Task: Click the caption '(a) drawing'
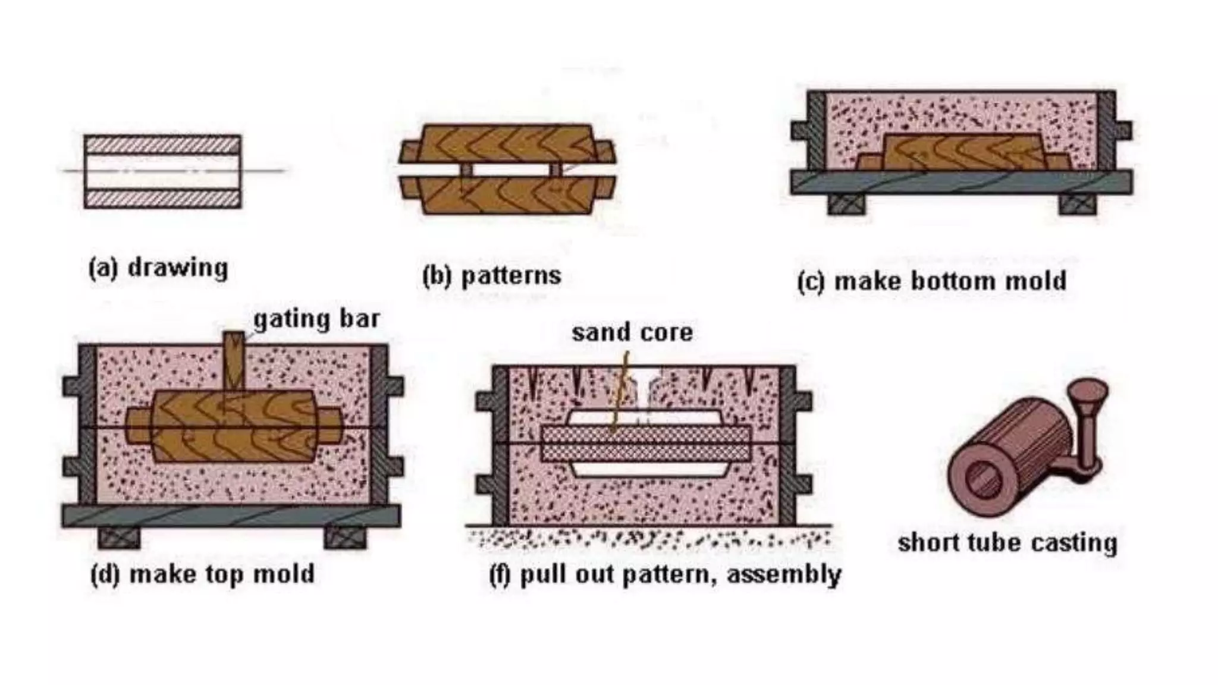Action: tap(158, 268)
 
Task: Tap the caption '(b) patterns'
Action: tap(491, 276)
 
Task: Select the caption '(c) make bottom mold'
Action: tap(931, 281)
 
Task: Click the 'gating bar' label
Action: tap(316, 320)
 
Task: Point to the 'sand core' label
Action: tap(632, 333)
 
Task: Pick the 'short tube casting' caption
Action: tap(1007, 543)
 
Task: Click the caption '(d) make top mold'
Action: tap(202, 574)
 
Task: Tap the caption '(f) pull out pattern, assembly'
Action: tap(665, 575)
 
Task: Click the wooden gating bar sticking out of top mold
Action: tap(234, 360)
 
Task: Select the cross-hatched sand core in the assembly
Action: tap(646, 444)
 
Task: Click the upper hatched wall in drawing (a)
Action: tap(162, 144)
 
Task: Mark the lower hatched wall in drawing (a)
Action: tap(162, 199)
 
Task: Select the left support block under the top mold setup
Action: tap(119, 538)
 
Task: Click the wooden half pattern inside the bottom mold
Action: tap(963, 152)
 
